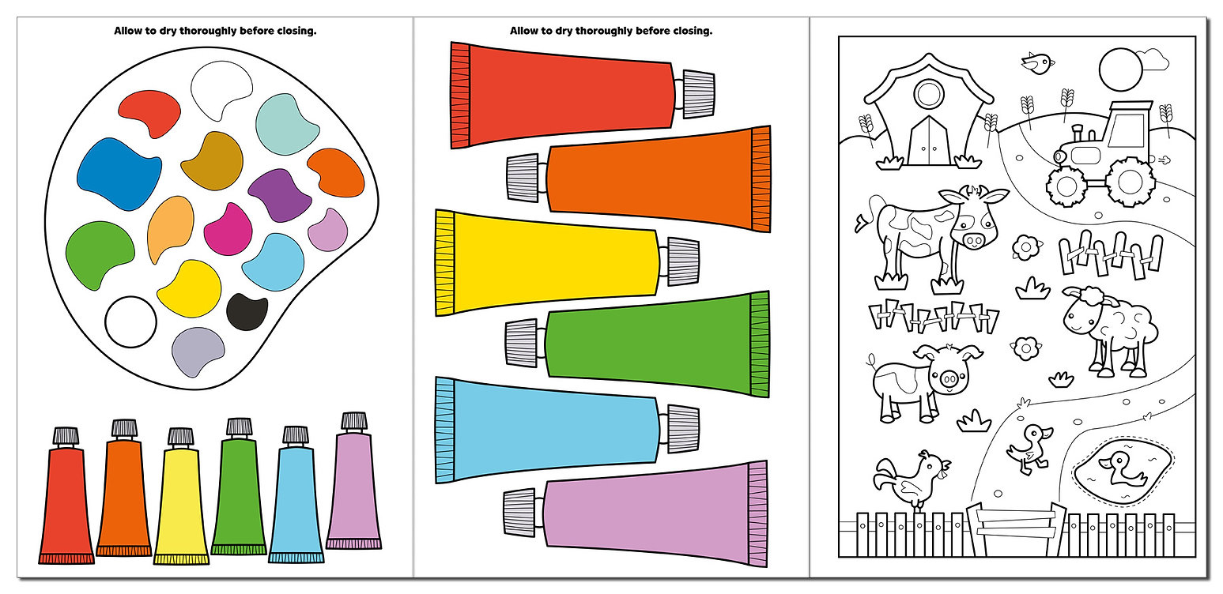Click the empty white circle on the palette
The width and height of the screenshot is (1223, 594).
[131, 321]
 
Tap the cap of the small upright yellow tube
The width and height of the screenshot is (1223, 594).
[180, 437]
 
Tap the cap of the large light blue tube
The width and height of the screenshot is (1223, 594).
[681, 429]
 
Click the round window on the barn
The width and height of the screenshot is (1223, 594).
[929, 94]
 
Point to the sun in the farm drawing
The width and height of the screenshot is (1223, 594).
[1120, 69]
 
